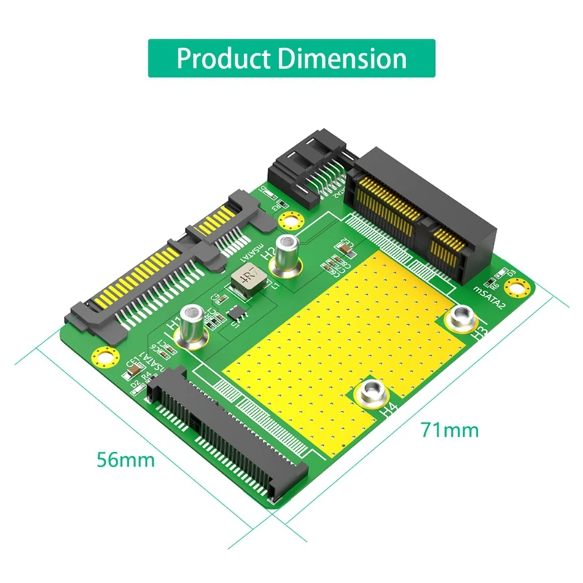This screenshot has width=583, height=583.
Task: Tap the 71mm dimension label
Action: click(449, 429)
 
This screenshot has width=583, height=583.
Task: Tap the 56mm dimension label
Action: click(125, 460)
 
